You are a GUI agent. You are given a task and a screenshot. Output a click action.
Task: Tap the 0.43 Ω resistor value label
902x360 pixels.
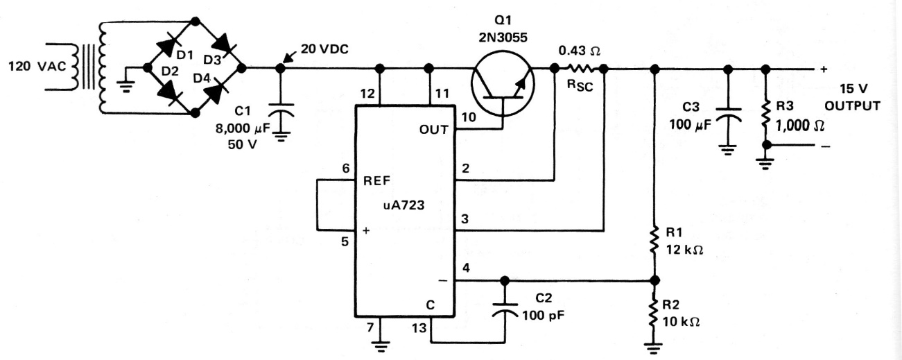click(x=580, y=51)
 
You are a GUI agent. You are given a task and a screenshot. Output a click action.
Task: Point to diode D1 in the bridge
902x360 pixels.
click(x=168, y=45)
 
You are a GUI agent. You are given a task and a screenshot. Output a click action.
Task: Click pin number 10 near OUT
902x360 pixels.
click(x=469, y=117)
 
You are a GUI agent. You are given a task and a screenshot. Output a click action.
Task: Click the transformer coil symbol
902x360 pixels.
click(x=94, y=68)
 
